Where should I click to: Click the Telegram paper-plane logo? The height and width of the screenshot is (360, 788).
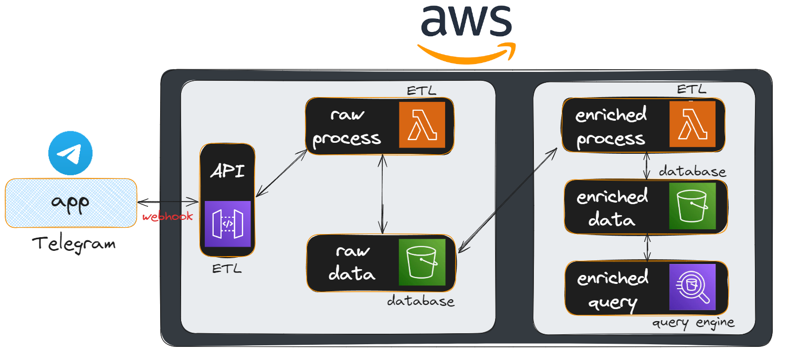point(70,153)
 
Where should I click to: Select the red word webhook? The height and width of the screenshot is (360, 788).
point(167,216)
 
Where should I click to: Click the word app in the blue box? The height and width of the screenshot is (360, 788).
point(71,203)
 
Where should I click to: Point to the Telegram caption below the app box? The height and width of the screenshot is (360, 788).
point(73,243)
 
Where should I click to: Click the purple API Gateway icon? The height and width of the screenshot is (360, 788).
point(227,224)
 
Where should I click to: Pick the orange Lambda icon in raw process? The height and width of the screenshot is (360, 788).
point(422,125)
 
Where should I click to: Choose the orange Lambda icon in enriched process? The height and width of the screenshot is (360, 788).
point(692,124)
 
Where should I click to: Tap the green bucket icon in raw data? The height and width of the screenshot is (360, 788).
point(422,262)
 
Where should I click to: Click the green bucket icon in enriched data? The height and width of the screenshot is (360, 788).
point(692,206)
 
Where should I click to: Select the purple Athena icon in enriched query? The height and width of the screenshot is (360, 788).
point(692,287)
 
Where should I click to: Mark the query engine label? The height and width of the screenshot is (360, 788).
point(693,322)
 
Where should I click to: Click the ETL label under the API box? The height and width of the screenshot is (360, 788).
point(227,269)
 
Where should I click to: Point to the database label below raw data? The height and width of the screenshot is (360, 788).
point(421,301)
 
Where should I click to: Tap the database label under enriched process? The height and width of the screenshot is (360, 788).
point(692,172)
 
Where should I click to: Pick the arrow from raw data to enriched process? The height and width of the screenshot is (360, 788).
point(507,200)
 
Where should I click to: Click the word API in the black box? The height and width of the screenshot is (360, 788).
point(227,171)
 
